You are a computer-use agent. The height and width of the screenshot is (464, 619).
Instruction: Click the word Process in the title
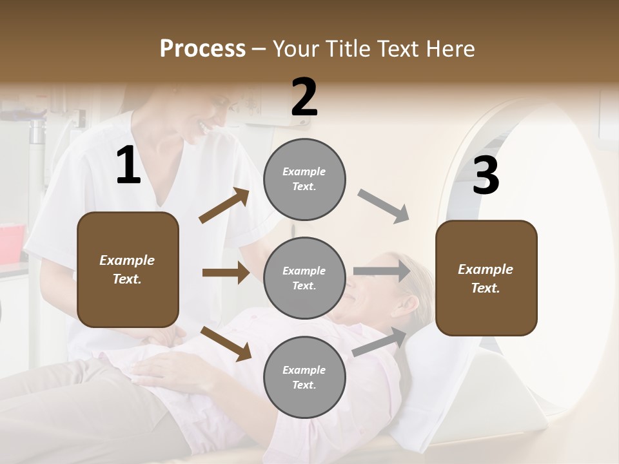202,49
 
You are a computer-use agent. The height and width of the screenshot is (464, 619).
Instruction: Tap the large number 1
128,166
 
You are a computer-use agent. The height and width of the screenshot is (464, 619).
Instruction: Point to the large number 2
304,97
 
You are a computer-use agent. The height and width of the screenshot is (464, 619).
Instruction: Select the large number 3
486,176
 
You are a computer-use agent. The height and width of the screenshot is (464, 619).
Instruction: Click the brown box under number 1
128,269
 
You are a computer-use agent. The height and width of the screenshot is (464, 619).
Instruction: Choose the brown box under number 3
486,278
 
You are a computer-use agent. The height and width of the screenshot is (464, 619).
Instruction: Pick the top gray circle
304,179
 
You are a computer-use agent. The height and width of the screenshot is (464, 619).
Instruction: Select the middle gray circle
304,278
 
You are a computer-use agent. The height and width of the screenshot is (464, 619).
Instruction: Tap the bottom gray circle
304,377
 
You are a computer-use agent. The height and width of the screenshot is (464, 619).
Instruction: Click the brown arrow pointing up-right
224,206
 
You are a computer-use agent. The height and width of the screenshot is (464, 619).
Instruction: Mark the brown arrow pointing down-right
226,343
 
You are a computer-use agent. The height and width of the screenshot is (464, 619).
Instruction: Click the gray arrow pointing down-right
384,206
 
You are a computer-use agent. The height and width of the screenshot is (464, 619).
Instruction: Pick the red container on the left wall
12,242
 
